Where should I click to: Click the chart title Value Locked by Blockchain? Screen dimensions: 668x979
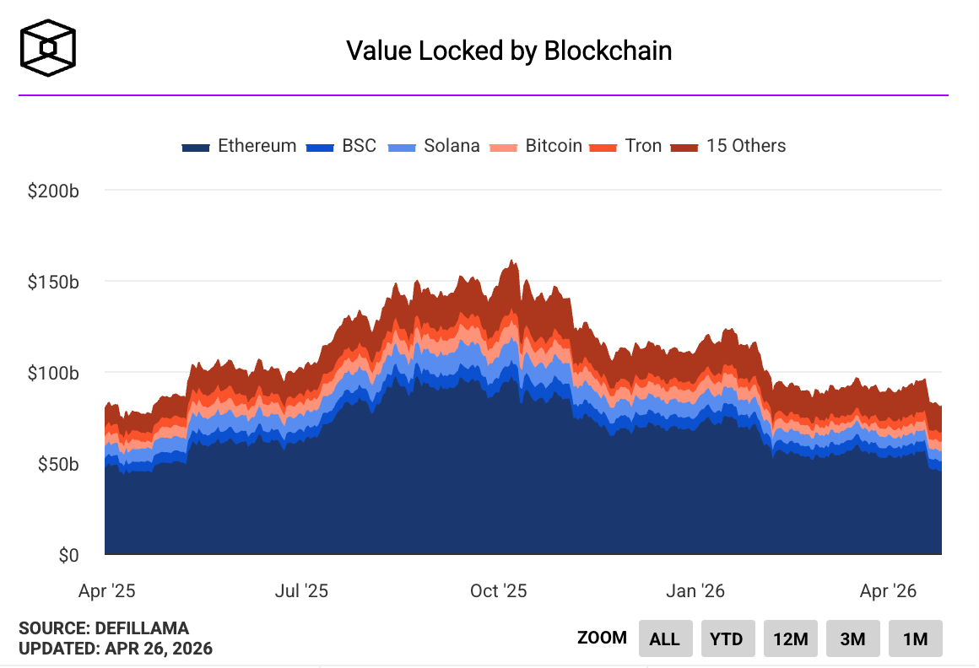(509, 51)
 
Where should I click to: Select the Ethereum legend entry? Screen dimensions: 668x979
(240, 146)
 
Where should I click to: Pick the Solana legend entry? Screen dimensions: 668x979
(434, 146)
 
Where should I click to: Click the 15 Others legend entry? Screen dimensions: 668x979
(728, 146)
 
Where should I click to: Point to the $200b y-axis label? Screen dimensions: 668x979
(53, 191)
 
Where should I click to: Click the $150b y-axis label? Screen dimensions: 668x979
(53, 282)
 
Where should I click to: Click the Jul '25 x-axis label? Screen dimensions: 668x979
(302, 590)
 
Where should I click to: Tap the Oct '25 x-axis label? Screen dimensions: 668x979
(499, 590)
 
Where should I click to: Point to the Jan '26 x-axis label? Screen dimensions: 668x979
(695, 590)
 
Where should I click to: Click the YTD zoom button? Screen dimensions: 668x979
(727, 638)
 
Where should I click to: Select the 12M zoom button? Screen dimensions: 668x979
(790, 638)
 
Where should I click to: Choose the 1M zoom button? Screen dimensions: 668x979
(915, 638)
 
